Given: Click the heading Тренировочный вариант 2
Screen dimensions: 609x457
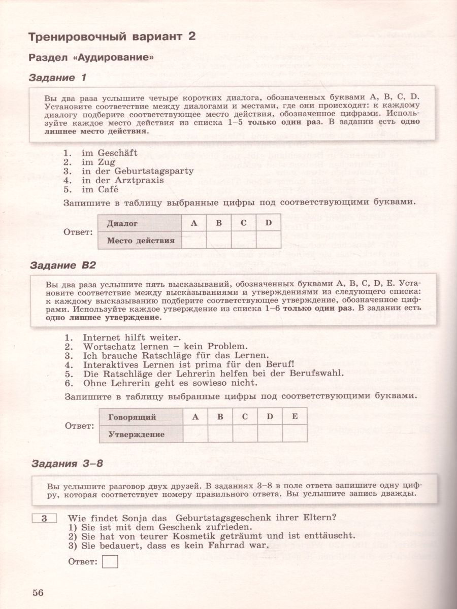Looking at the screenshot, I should [112, 36].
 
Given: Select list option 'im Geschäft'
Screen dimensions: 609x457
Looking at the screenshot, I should [104, 152].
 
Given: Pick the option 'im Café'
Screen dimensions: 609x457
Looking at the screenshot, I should [100, 189].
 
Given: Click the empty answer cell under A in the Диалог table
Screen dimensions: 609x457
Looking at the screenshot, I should [194, 240].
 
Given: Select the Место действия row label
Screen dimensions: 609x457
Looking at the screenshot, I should [140, 240].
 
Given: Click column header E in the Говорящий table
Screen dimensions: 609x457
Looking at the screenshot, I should [295, 417].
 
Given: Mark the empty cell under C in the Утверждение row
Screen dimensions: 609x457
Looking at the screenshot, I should [245, 434].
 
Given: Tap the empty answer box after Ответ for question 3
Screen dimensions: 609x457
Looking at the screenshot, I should [110, 561].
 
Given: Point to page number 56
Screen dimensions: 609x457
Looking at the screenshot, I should [39, 592].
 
